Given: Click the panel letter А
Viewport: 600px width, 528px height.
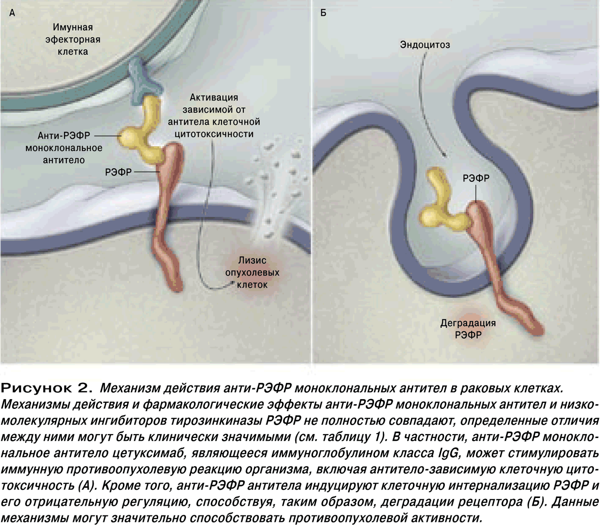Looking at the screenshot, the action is pos(12,13).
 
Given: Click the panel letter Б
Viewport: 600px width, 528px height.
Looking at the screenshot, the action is pos(323,13).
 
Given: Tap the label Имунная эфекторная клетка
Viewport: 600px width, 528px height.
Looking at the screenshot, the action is pos(73,39).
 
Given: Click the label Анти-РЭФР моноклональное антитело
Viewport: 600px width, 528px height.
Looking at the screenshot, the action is pos(64,148).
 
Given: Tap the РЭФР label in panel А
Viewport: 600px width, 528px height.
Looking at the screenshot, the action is pos(118,172).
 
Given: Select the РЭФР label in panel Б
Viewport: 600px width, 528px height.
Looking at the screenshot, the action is pos(476,178).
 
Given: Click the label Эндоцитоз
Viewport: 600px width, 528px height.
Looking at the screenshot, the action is pos(425,45).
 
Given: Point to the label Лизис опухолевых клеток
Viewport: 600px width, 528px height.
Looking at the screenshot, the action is pos(252,272).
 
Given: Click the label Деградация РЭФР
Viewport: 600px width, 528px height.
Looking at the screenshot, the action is pos(468,329).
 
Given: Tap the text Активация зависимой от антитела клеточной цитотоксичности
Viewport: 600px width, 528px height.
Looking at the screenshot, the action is pos(214,116).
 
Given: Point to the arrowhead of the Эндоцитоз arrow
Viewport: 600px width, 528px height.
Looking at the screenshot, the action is pos(444,155).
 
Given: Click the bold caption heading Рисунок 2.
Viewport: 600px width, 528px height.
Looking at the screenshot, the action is pos(47,388).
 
